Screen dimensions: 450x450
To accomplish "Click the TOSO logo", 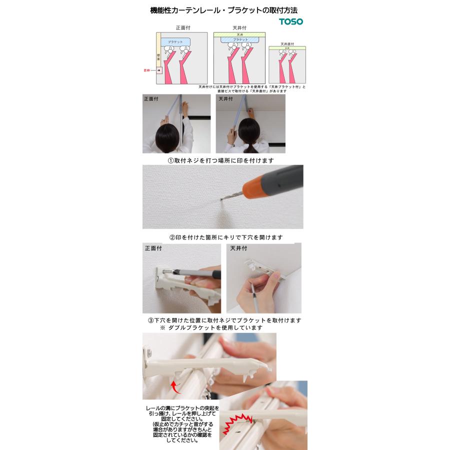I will point(290,21).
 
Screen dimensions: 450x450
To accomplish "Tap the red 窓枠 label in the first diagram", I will point(146,70).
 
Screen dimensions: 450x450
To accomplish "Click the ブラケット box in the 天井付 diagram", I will point(240,39).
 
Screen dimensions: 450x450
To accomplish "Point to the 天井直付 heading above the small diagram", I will point(287,44).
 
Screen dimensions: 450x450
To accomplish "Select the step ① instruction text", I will point(220,160).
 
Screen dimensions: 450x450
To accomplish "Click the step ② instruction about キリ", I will point(225,237).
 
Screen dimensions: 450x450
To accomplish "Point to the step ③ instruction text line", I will point(224,320).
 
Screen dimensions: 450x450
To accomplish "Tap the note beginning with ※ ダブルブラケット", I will point(211,327).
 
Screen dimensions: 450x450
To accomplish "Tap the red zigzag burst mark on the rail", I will point(236,422).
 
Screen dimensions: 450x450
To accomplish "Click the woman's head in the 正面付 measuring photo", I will point(167,136).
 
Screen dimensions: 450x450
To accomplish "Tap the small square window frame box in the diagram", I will point(159,70).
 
